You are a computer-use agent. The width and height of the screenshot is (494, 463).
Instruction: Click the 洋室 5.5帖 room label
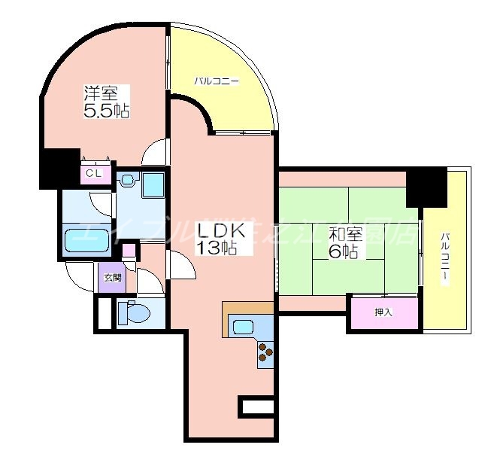click(105, 102)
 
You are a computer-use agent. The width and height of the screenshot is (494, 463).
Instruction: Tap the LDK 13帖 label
click(218, 238)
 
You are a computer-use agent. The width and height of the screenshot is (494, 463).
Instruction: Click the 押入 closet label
click(383, 312)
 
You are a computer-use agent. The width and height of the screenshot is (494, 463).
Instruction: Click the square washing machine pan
click(154, 184)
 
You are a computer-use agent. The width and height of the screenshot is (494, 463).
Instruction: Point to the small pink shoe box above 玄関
click(129, 251)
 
